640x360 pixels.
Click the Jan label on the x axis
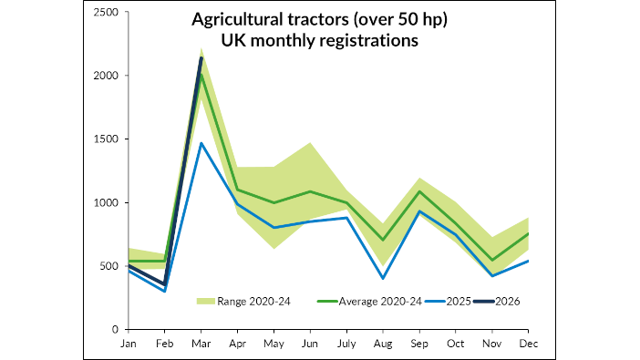point(128,344)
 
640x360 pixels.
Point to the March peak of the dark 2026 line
point(201,58)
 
